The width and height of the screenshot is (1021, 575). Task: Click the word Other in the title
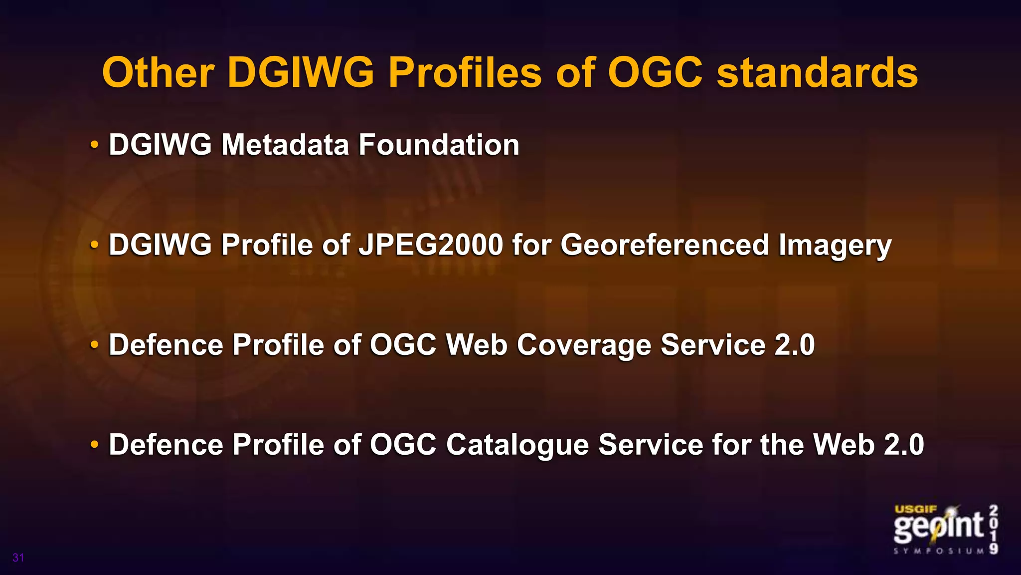pyautogui.click(x=158, y=73)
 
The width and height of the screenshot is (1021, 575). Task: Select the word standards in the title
pyautogui.click(x=817, y=73)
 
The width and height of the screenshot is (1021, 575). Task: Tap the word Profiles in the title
pyautogui.click(x=465, y=73)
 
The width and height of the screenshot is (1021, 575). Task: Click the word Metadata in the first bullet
pyautogui.click(x=285, y=145)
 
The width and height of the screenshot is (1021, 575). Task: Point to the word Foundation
pyautogui.click(x=439, y=145)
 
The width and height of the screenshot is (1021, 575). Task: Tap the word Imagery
pyautogui.click(x=835, y=246)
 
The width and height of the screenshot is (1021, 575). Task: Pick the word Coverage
pyautogui.click(x=584, y=345)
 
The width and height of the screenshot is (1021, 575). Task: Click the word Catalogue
pyautogui.click(x=517, y=445)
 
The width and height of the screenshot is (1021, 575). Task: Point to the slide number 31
pyautogui.click(x=18, y=558)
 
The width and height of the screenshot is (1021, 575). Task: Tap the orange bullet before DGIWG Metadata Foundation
pyautogui.click(x=94, y=145)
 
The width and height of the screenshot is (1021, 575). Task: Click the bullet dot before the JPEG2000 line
pyautogui.click(x=94, y=246)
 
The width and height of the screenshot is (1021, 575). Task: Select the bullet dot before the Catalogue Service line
pyautogui.click(x=94, y=445)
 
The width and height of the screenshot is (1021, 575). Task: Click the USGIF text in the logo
pyautogui.click(x=916, y=510)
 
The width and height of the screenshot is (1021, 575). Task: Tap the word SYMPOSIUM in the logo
pyautogui.click(x=939, y=551)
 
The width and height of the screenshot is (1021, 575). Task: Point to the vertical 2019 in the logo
pyautogui.click(x=994, y=530)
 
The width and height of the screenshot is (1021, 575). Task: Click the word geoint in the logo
pyautogui.click(x=938, y=528)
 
